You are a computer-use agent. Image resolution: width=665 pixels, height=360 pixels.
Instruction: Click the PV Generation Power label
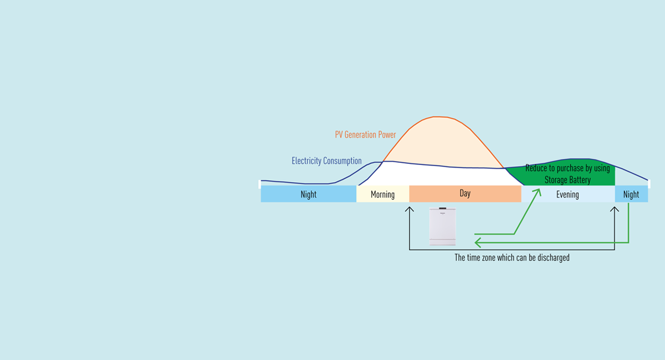coord(365,135)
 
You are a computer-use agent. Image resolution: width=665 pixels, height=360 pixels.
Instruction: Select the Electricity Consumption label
coord(326,161)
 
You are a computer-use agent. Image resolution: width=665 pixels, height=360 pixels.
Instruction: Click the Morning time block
coord(382,194)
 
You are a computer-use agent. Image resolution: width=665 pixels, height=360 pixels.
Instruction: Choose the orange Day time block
coord(465,194)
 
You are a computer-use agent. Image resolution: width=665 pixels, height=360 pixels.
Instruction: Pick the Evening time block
coord(567,194)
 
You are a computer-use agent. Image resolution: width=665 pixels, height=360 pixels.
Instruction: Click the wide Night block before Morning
coord(308,194)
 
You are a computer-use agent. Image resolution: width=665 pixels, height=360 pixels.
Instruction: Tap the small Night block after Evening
coord(631,194)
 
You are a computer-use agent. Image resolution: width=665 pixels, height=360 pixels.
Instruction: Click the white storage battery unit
coord(442,226)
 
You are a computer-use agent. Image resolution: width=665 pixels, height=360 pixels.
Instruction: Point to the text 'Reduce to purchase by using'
coord(567,168)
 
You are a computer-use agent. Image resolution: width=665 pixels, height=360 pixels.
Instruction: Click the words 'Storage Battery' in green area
coord(567,180)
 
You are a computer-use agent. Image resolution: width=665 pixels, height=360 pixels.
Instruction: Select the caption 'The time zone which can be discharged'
coord(511,258)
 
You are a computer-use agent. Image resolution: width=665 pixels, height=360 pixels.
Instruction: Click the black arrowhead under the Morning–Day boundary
coord(410,209)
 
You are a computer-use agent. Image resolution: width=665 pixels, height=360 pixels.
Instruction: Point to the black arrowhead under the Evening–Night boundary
coord(615,209)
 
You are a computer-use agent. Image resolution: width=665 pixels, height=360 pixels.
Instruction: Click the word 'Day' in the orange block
coord(465,193)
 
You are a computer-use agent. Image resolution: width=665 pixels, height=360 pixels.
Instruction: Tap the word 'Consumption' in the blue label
coord(342,161)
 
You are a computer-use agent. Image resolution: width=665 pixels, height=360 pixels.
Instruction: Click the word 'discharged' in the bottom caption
coord(553,258)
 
